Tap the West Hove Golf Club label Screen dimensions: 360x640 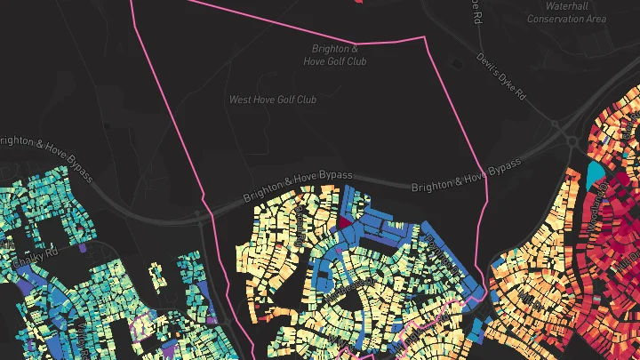tap(273, 100)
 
